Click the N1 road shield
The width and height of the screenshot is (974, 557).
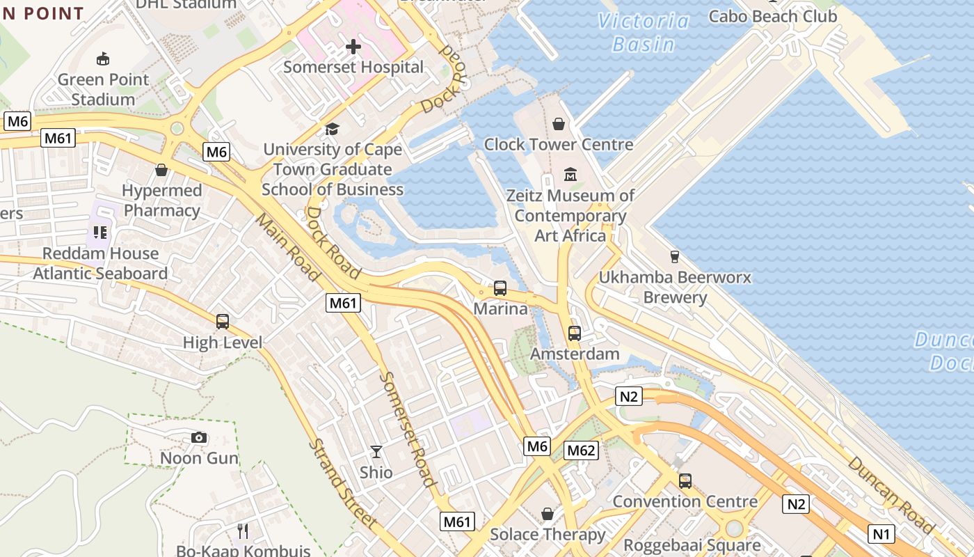[x=881, y=534]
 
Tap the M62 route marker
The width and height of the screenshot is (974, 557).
[x=581, y=450]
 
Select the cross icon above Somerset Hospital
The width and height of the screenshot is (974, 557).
[x=353, y=47]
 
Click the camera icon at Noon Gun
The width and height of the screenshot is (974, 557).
[x=199, y=437]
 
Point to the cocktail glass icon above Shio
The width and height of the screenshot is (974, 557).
[x=376, y=452]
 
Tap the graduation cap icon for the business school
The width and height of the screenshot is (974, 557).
[x=332, y=130]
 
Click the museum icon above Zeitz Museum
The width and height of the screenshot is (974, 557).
[x=570, y=174]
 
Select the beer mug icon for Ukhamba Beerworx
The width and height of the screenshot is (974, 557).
[x=673, y=256]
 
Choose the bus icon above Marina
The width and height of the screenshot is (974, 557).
[x=500, y=288]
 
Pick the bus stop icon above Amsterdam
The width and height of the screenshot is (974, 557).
[x=574, y=333]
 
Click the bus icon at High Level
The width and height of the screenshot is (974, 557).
[x=223, y=322]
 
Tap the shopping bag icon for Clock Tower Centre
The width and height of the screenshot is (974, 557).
[x=558, y=124]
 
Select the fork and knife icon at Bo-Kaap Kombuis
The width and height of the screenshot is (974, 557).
[x=243, y=531]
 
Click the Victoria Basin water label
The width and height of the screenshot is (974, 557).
[x=644, y=33]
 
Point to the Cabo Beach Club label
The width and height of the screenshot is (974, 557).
[x=772, y=15]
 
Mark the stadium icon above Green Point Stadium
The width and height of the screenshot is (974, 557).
[x=103, y=58]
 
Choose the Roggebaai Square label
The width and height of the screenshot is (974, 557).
[x=692, y=545]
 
